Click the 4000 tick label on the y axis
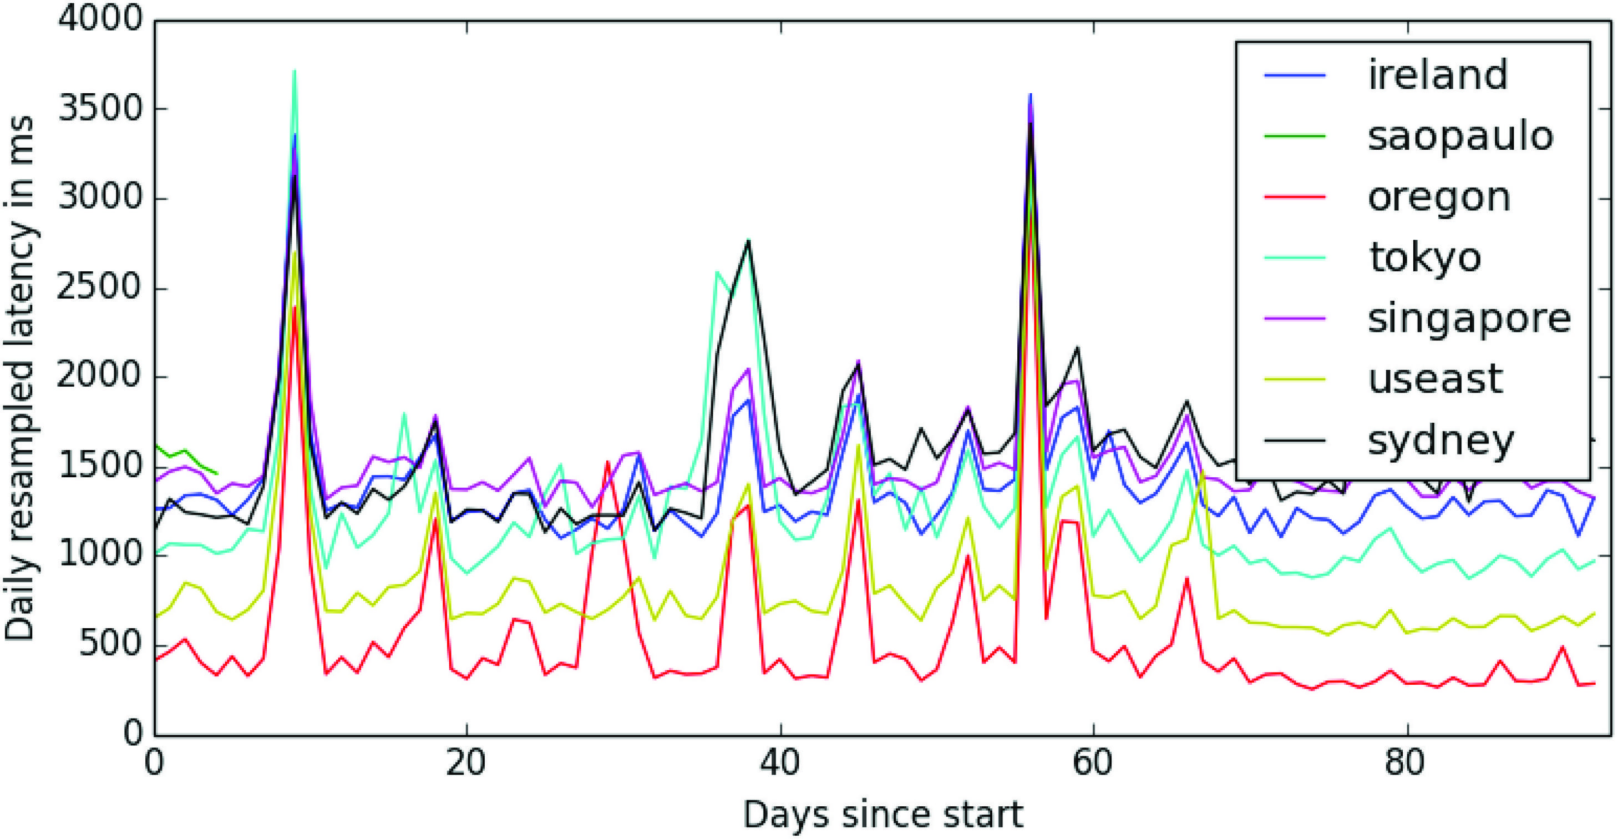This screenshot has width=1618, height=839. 100,19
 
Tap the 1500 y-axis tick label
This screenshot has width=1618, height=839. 100,465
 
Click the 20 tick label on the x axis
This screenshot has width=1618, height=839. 466,763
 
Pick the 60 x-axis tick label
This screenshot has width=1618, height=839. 1093,763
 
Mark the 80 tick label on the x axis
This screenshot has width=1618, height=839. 1408,763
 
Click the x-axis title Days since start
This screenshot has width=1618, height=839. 883,815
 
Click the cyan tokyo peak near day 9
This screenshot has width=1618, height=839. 294,72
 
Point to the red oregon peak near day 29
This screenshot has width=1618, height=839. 607,463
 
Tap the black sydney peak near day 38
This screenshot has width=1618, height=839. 748,241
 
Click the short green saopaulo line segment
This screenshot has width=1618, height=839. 185,457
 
